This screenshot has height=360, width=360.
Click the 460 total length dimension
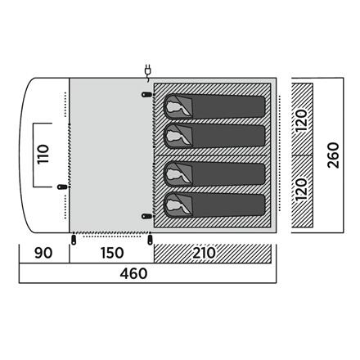(x=133, y=273)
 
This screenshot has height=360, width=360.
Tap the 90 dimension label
(x=43, y=253)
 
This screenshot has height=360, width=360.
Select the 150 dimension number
(x=112, y=253)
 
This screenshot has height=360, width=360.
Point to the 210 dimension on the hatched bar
(x=205, y=253)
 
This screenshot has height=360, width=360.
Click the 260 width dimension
(x=333, y=155)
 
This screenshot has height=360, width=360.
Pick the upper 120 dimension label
(x=302, y=120)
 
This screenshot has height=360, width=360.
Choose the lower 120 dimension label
(x=302, y=190)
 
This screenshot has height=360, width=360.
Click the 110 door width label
(x=43, y=155)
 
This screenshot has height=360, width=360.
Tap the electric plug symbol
(x=147, y=71)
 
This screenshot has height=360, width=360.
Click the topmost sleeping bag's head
(x=174, y=107)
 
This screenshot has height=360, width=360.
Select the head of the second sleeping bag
(x=174, y=136)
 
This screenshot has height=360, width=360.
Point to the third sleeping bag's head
(x=174, y=174)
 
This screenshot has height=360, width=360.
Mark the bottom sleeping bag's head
(x=174, y=205)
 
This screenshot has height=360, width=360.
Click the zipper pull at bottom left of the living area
(x=74, y=239)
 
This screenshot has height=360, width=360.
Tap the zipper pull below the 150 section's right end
(x=150, y=239)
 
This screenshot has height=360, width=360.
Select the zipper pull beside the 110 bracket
(x=63, y=187)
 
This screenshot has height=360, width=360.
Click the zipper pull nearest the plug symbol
(x=146, y=95)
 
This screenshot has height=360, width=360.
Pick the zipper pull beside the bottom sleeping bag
(x=146, y=216)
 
